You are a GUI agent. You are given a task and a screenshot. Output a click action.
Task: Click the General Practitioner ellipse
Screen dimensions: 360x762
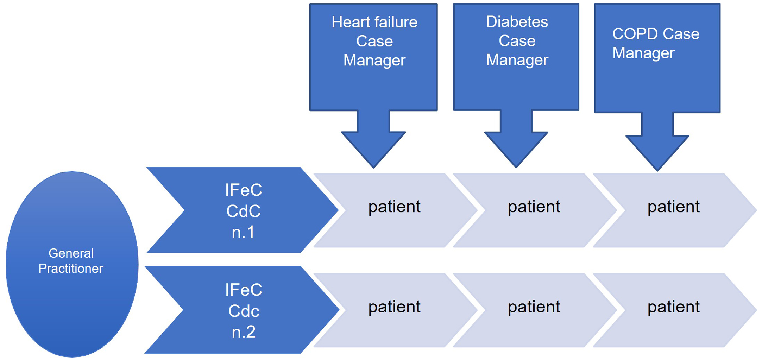pos(72,299)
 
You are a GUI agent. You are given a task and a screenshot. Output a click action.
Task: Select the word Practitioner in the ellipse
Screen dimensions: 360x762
pos(70,269)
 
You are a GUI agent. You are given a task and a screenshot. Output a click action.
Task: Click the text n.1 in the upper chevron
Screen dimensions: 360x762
pos(243,232)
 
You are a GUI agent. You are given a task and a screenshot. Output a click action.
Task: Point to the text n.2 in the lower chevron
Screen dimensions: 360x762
pos(243,332)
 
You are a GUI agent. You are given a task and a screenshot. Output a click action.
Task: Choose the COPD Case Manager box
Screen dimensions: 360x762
pos(657,84)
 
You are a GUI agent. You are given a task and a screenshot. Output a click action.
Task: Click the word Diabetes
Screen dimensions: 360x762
pos(517,22)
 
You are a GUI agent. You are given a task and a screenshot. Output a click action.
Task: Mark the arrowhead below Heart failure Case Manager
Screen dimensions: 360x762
pos(373,148)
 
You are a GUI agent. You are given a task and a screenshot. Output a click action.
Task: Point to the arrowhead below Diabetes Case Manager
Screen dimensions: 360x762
pos(516,148)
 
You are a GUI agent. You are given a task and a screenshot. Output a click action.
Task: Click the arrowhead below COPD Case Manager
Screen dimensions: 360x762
pos(657,151)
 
